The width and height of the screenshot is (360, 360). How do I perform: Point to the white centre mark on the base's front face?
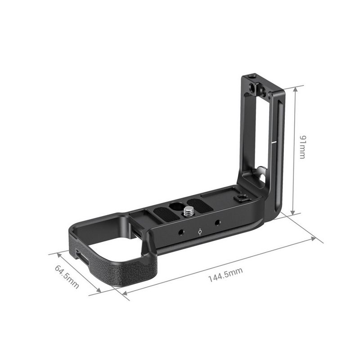click(x=200, y=232)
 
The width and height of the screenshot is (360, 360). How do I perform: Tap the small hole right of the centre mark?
click(x=217, y=223)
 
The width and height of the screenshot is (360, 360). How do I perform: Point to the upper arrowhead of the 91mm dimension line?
click(x=295, y=89)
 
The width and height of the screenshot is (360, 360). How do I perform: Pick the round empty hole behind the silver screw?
click(x=174, y=205)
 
